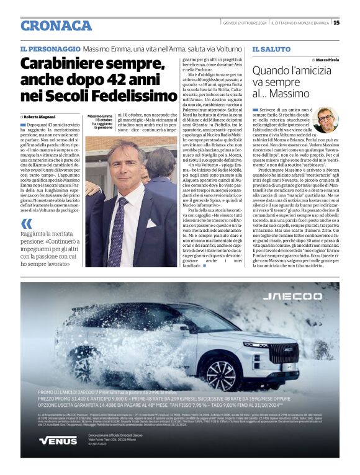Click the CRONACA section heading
click(56, 25)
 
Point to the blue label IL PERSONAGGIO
click(50, 49)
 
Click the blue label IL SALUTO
click(271, 49)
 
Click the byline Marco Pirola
click(326, 60)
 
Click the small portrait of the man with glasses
click(325, 120)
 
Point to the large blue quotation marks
click(26, 224)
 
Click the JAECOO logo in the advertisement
click(289, 296)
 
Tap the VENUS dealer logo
click(58, 440)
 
